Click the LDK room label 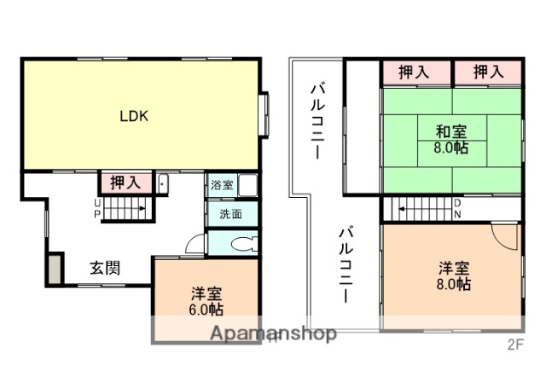tap(135, 117)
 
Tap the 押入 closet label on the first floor tap(126, 182)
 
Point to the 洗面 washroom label tap(219, 214)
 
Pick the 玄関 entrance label tap(105, 268)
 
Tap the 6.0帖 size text tap(206, 309)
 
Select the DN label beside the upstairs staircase tap(457, 207)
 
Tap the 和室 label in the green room tap(451, 131)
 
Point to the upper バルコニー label tap(316, 119)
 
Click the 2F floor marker tap(514, 345)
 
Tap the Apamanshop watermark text tap(273, 333)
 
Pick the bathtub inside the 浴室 tap(247, 185)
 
